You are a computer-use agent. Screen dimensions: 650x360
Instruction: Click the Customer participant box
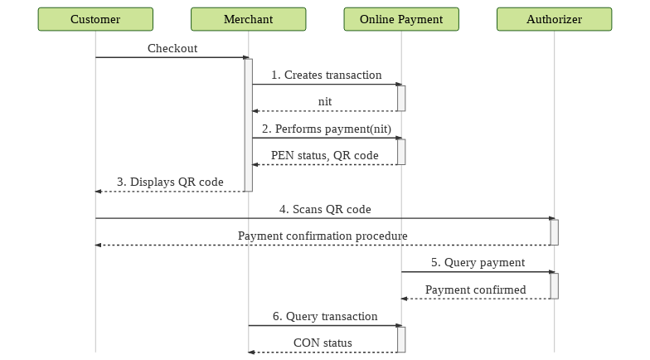95,19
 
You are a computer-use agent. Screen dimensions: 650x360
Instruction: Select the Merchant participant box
249,19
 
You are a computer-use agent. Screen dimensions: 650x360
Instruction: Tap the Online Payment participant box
401,19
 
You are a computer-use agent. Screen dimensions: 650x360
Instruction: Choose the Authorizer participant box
554,19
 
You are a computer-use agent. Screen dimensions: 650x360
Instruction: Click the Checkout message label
172,48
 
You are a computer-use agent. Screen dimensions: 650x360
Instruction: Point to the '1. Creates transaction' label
327,75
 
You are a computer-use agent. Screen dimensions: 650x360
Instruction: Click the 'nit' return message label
325,101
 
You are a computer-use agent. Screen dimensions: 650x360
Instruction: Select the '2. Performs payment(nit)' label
327,129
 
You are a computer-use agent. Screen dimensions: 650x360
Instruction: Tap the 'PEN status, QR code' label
325,156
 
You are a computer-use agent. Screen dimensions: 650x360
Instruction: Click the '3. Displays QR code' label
170,182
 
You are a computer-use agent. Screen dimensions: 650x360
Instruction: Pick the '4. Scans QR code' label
325,209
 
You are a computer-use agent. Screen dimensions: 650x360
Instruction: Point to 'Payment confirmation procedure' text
323,236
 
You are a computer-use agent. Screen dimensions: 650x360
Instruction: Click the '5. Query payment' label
478,262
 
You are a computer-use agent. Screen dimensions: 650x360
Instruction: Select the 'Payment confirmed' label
476,289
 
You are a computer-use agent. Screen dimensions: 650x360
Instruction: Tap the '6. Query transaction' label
325,317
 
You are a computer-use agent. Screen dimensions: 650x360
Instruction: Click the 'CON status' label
323,343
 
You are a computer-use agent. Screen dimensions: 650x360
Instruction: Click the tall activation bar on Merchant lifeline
249,124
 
